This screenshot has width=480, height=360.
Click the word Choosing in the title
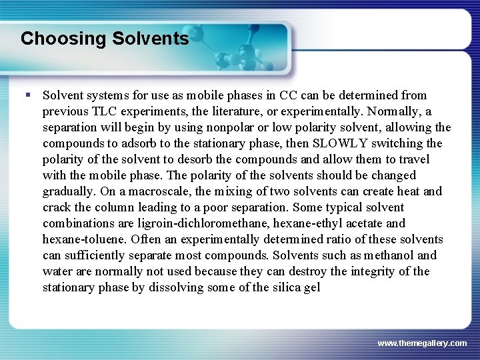click(54, 39)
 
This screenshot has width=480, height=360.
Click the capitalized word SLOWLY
click(340, 143)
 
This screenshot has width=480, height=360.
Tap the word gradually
click(67, 191)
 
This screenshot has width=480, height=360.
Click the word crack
click(57, 207)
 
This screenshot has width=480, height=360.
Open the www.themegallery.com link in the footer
click(421, 343)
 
